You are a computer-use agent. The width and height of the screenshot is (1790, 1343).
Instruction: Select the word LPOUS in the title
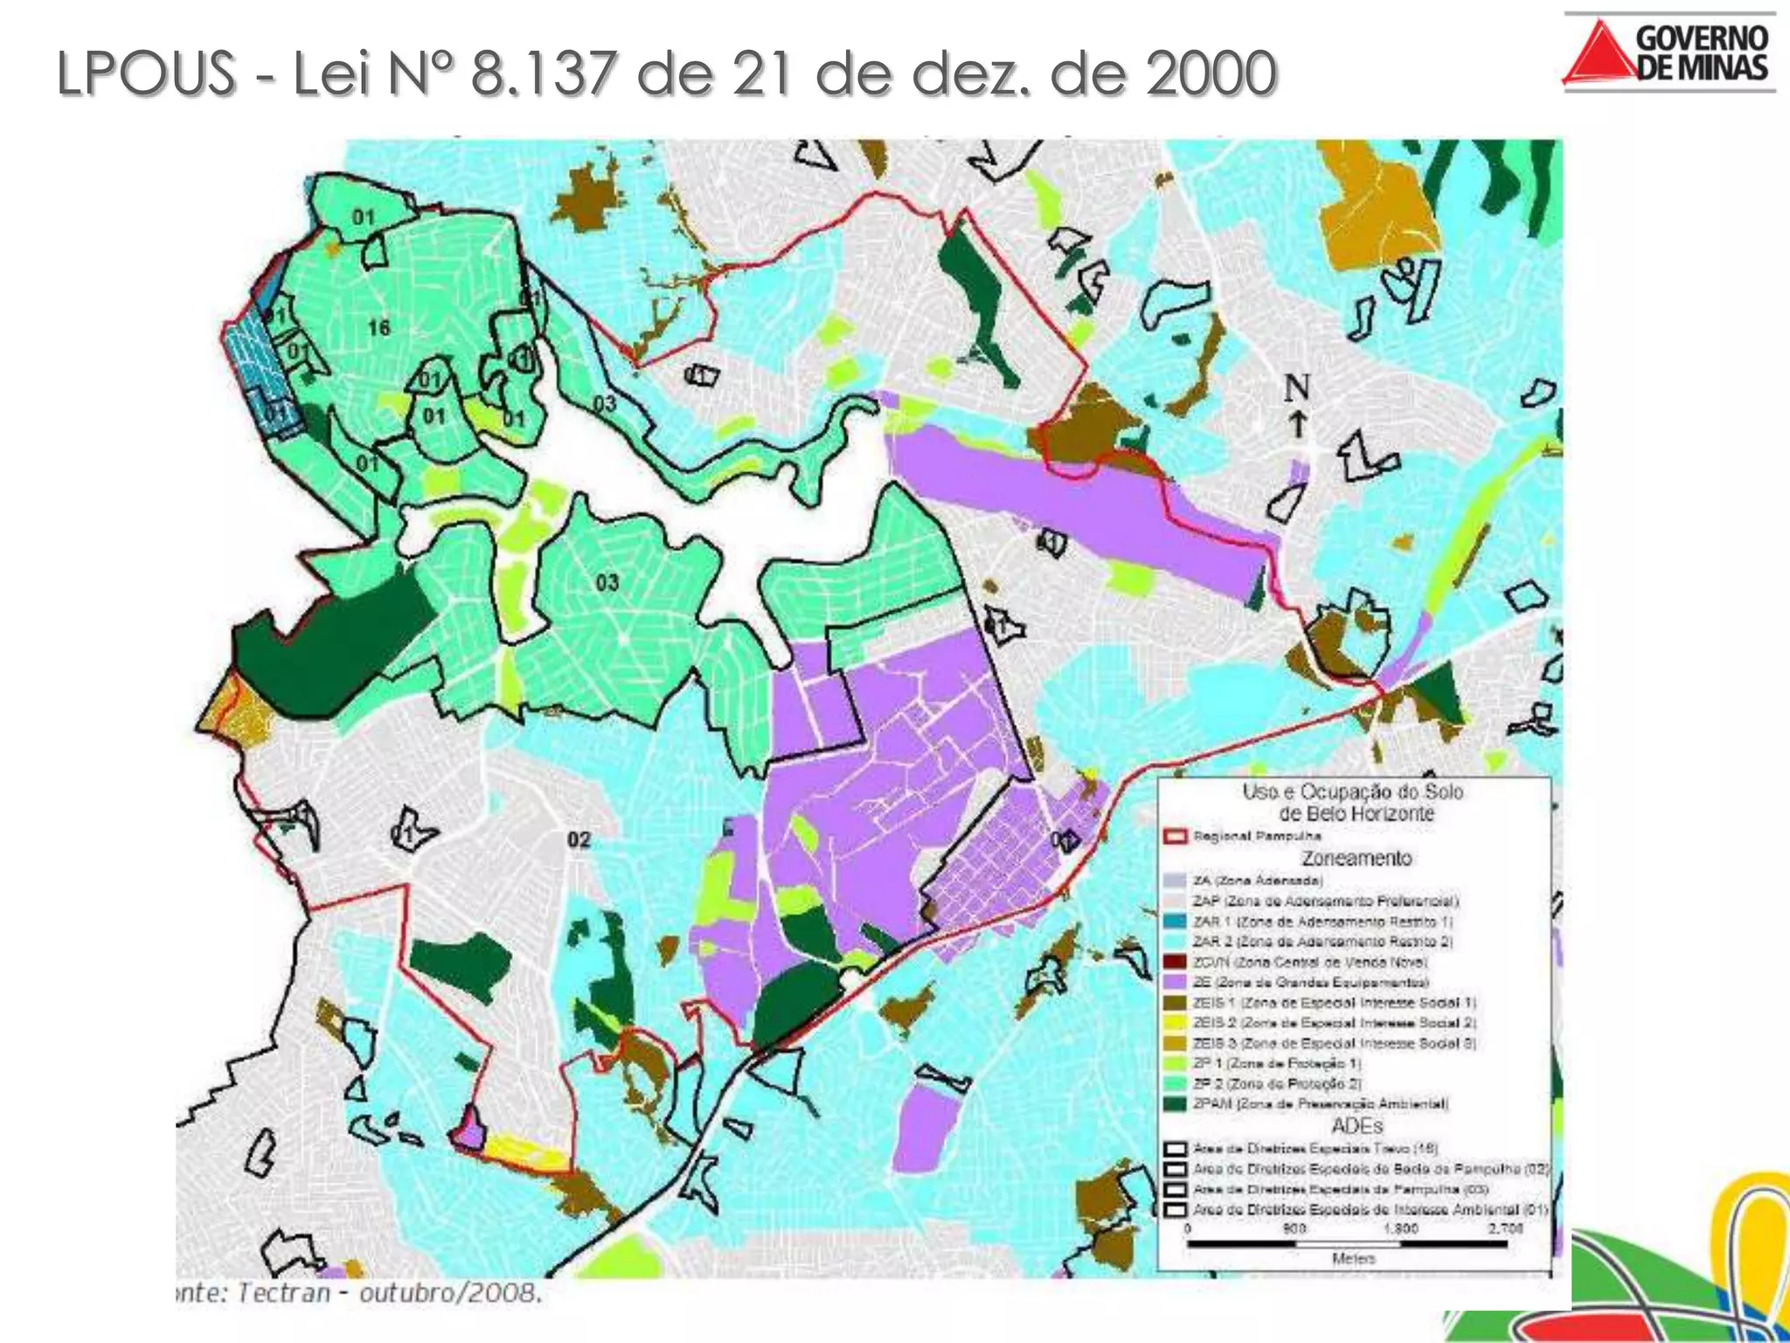coord(147,73)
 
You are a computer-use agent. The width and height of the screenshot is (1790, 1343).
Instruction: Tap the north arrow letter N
coord(1297,388)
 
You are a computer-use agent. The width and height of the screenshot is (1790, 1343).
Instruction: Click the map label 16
coord(378,328)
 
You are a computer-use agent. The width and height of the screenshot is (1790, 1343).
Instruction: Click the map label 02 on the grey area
coord(579,840)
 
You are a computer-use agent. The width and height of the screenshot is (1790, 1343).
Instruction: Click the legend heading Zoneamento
coord(1356,858)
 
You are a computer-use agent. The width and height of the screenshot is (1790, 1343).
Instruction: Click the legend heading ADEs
coord(1356,1126)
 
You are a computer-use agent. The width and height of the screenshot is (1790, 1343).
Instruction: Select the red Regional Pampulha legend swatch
coord(1176,837)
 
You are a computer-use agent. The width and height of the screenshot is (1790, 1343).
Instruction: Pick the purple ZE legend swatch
coord(1176,983)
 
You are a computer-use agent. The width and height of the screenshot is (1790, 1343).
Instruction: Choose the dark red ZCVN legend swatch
coord(1176,962)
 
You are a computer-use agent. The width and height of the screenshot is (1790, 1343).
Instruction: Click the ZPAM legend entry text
coord(1320,1104)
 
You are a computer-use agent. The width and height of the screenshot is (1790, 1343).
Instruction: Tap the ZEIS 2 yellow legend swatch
coord(1176,1023)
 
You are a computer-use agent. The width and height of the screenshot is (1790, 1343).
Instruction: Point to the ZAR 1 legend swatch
coord(1176,922)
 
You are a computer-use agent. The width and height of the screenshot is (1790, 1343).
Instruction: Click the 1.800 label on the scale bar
coord(1400,1228)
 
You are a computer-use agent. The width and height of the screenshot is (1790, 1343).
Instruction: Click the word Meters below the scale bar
coord(1353,1259)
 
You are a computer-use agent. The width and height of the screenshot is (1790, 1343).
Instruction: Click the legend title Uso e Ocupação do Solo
coord(1353,792)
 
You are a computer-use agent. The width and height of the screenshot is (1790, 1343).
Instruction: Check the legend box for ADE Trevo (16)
coord(1176,1149)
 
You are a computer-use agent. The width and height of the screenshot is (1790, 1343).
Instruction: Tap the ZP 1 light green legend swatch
coord(1176,1064)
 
